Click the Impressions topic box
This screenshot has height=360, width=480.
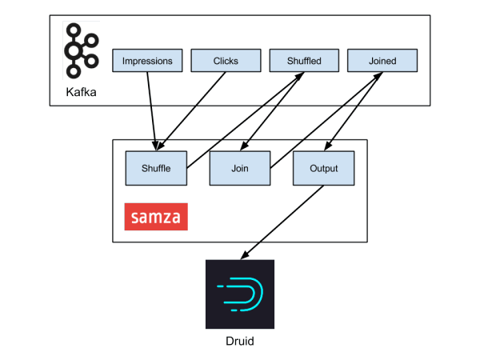point(147,60)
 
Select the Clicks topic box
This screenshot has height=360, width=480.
point(226,60)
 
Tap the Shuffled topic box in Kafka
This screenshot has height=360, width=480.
point(304,60)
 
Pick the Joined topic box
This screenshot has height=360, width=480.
point(382,60)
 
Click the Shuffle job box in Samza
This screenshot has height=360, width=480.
point(156,168)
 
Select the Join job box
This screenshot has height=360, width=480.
point(240,168)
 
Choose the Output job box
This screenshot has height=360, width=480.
point(323,168)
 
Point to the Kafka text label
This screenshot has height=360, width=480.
point(82,101)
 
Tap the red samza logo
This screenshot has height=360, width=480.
point(156,217)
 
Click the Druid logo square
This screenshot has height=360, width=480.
point(240,294)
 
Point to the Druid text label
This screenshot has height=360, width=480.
point(240,341)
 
